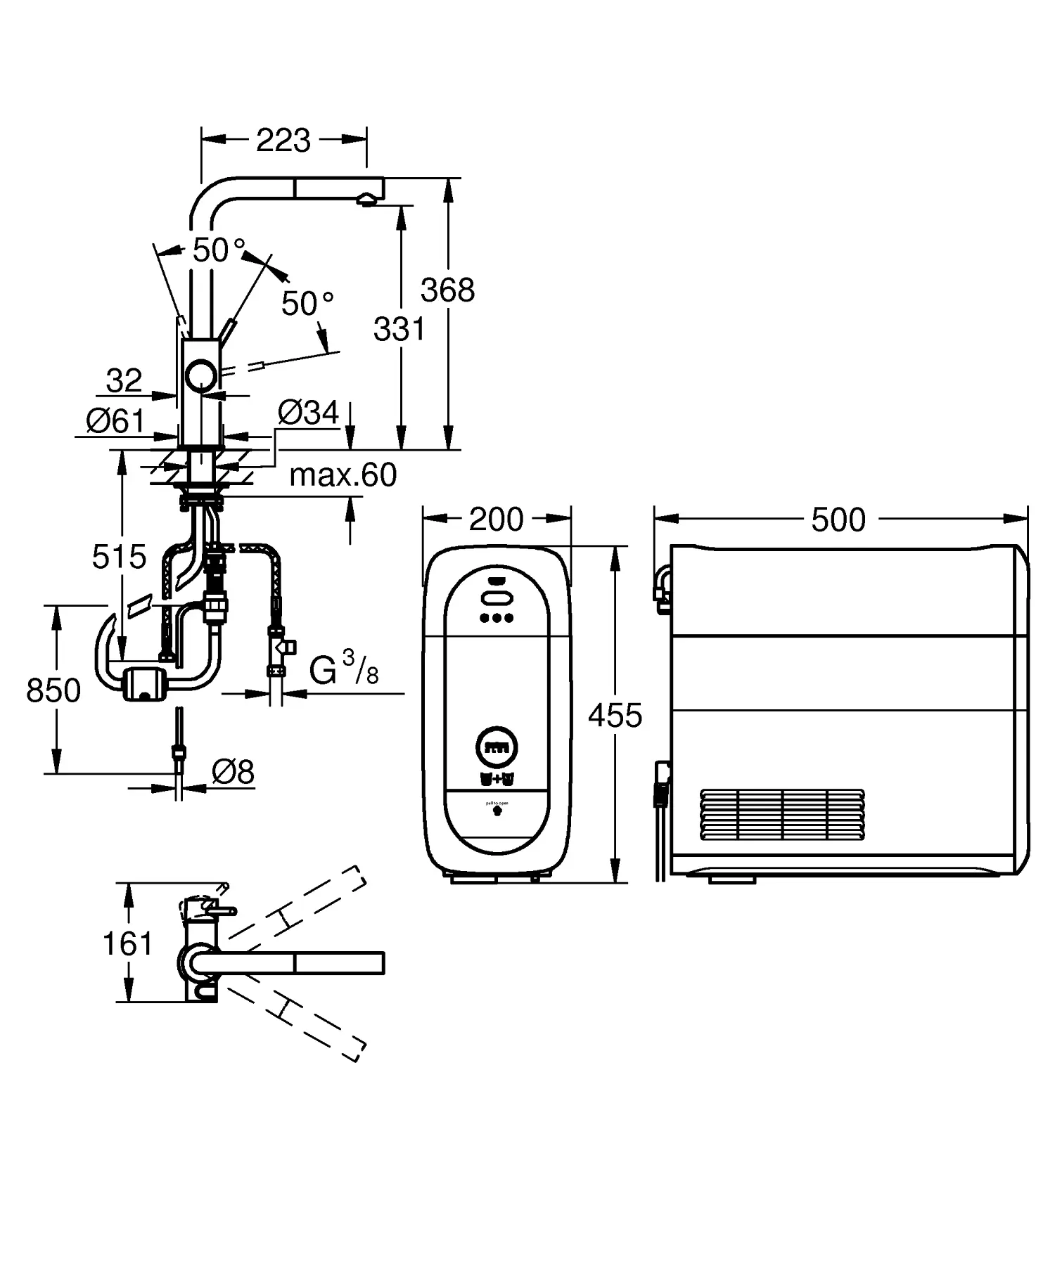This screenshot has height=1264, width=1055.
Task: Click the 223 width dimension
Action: [283, 141]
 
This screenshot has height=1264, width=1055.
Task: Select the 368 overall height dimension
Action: [448, 290]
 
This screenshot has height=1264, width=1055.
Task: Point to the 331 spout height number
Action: [399, 329]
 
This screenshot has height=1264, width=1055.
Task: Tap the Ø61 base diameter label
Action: [115, 421]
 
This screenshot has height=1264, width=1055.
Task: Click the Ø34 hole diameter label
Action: [307, 413]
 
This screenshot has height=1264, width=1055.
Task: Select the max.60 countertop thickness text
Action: [343, 476]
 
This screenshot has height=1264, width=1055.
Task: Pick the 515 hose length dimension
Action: [119, 557]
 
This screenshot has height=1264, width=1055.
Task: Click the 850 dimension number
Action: [53, 691]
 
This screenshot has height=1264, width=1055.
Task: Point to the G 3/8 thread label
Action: [344, 669]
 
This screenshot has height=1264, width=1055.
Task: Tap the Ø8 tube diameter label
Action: [233, 773]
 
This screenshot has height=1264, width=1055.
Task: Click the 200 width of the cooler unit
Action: [497, 520]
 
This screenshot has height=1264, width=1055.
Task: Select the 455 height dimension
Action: [615, 716]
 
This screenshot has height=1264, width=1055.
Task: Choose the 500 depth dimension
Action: [838, 520]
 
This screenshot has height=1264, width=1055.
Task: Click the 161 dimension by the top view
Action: [127, 943]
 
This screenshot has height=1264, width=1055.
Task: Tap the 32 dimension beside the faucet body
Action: [124, 381]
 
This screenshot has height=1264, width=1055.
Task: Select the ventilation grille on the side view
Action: [782, 814]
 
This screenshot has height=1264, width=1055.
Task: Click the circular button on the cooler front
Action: [497, 747]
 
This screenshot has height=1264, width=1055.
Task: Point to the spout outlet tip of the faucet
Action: [366, 200]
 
